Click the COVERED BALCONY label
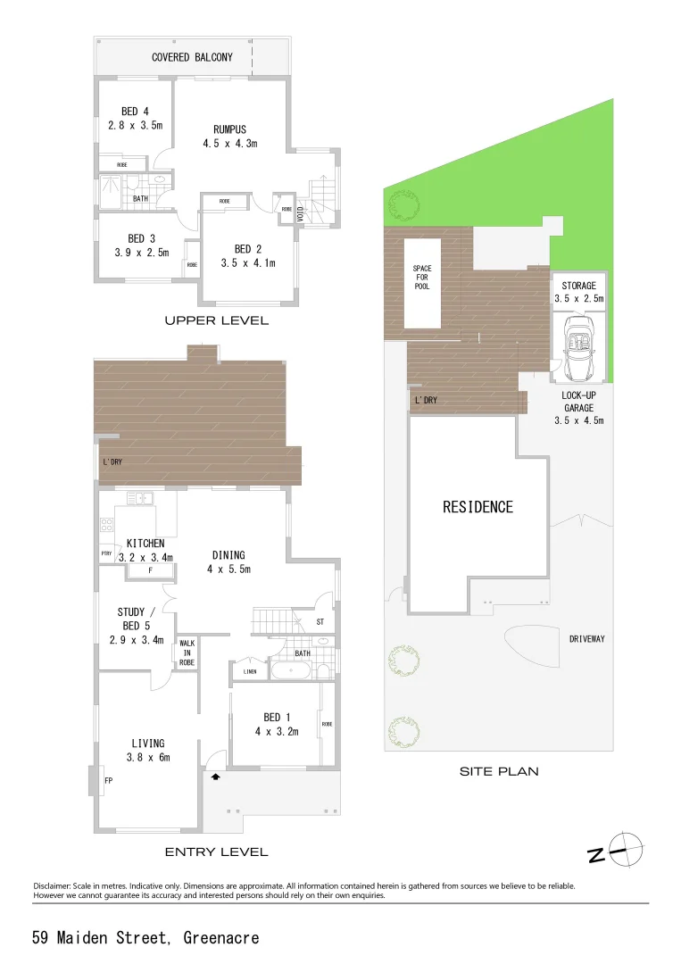coord(192,57)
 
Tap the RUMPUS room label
coord(229,129)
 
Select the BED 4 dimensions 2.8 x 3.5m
coord(136,125)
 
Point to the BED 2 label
coord(248,249)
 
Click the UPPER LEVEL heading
coord(216,320)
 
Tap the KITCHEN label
coord(145,543)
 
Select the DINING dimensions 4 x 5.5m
coord(229,569)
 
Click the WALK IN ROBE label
coord(187,652)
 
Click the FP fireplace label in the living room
coord(108,780)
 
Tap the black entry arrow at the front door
coord(214,777)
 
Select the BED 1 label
coord(277,717)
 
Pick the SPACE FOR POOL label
coord(421,277)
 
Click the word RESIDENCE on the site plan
coord(478,507)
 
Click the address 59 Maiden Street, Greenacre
coord(145,937)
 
